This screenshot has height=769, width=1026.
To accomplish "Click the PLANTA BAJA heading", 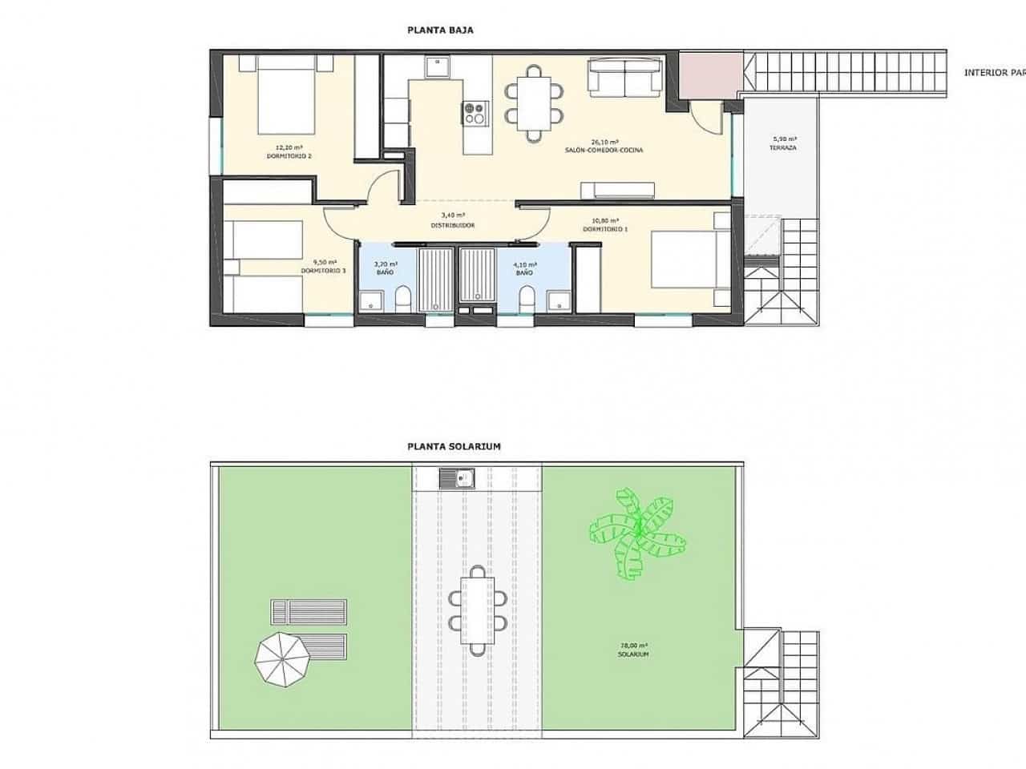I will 440,30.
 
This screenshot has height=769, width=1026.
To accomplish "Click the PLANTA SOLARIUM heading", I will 454,447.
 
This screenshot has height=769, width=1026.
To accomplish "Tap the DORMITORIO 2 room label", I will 289,156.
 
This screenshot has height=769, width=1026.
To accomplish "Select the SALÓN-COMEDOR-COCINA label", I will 604,150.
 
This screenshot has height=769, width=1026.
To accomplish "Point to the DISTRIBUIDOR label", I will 453,225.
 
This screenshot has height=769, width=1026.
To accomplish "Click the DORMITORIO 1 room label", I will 605,230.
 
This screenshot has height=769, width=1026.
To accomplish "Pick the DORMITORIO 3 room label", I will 323,271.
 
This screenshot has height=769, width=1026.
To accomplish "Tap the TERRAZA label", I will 782,148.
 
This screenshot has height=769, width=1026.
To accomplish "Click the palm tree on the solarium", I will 638,529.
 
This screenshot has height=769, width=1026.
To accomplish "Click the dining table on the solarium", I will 478,610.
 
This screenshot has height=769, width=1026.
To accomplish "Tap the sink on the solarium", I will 457,479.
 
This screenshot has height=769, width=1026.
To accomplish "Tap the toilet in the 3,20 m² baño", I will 403,301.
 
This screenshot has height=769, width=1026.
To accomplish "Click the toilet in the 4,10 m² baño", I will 527,301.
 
